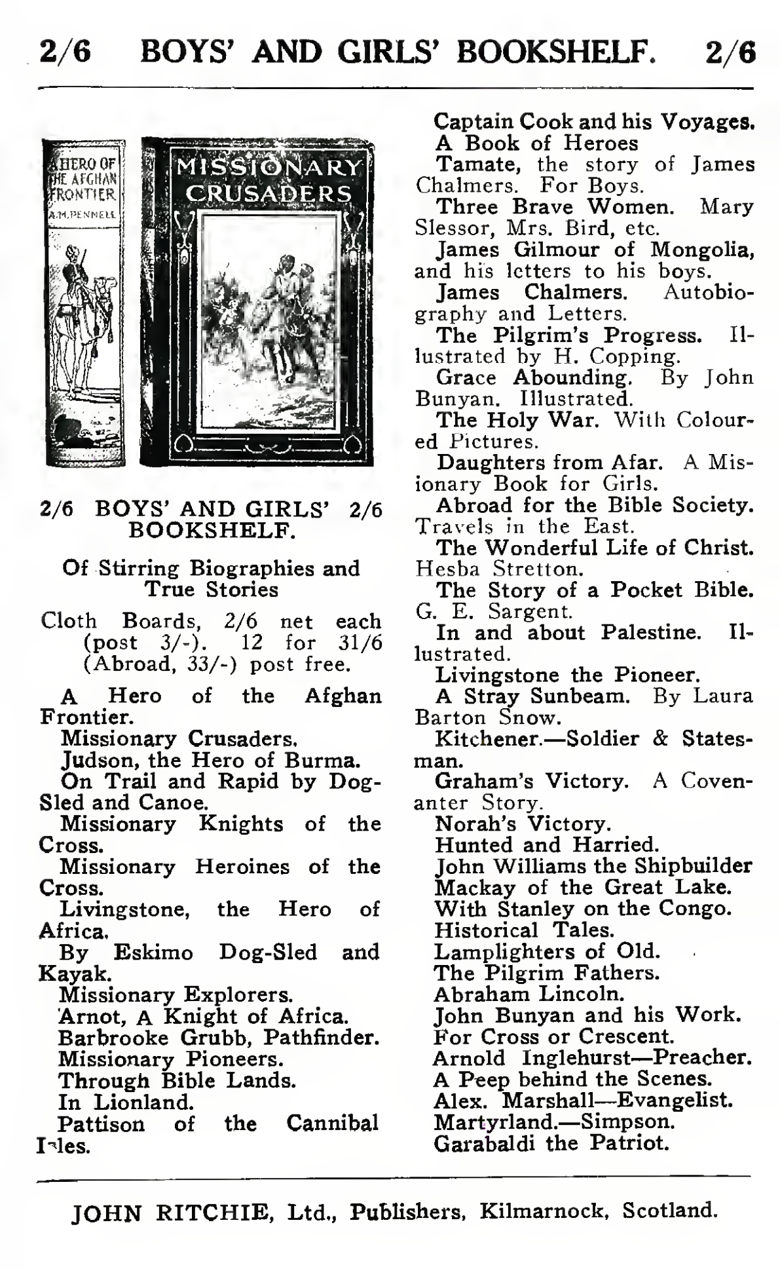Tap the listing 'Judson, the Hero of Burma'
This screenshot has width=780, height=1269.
(x=210, y=760)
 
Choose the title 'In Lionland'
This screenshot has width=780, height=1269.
(x=126, y=1102)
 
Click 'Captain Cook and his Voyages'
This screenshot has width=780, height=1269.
(x=595, y=121)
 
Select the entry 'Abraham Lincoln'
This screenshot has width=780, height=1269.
(x=529, y=994)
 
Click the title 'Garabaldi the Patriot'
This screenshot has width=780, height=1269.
(x=551, y=1143)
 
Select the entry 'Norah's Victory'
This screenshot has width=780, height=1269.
(x=523, y=824)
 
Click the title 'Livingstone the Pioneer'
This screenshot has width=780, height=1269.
(x=568, y=675)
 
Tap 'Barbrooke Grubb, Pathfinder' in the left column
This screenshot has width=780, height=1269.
(x=219, y=1038)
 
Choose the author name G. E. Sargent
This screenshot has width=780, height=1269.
(x=494, y=611)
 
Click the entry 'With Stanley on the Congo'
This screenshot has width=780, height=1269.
(x=583, y=909)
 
